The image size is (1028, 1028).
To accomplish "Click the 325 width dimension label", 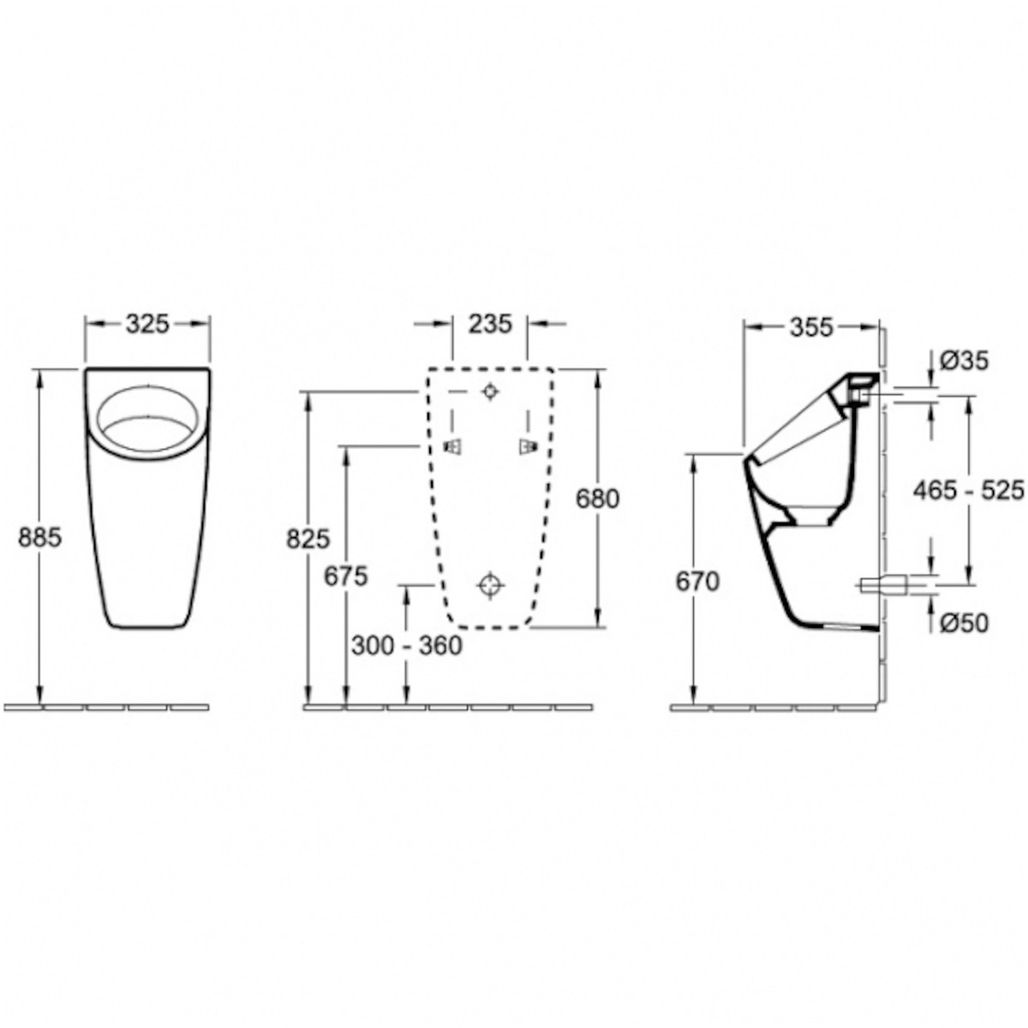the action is (x=147, y=325).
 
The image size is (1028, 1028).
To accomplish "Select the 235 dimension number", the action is (x=490, y=324).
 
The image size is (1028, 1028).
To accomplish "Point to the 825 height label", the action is (x=308, y=540).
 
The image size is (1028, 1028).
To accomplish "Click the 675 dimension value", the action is (x=346, y=576).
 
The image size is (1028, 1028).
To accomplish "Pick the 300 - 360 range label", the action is (x=407, y=647).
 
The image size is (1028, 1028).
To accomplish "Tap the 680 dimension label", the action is (x=597, y=499).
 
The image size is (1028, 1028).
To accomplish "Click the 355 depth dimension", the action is (x=811, y=327).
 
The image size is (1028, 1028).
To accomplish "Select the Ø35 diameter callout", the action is (x=965, y=362).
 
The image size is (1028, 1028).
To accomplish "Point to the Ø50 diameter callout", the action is (x=965, y=623).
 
